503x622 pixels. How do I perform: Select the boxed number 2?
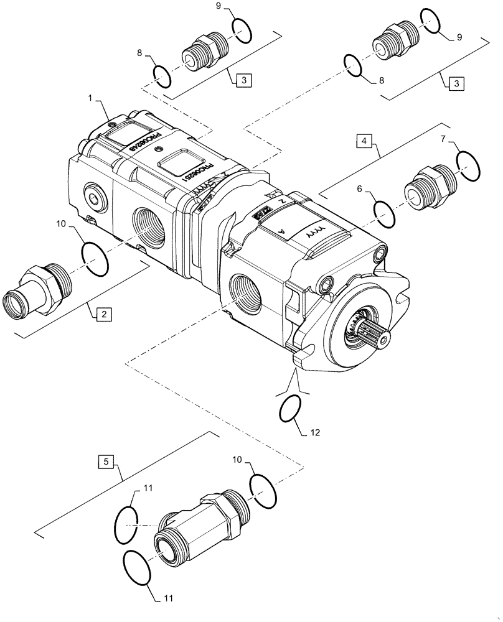click(104, 314)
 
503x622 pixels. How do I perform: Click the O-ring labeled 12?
click(291, 408)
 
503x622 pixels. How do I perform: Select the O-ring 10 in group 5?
click(263, 490)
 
